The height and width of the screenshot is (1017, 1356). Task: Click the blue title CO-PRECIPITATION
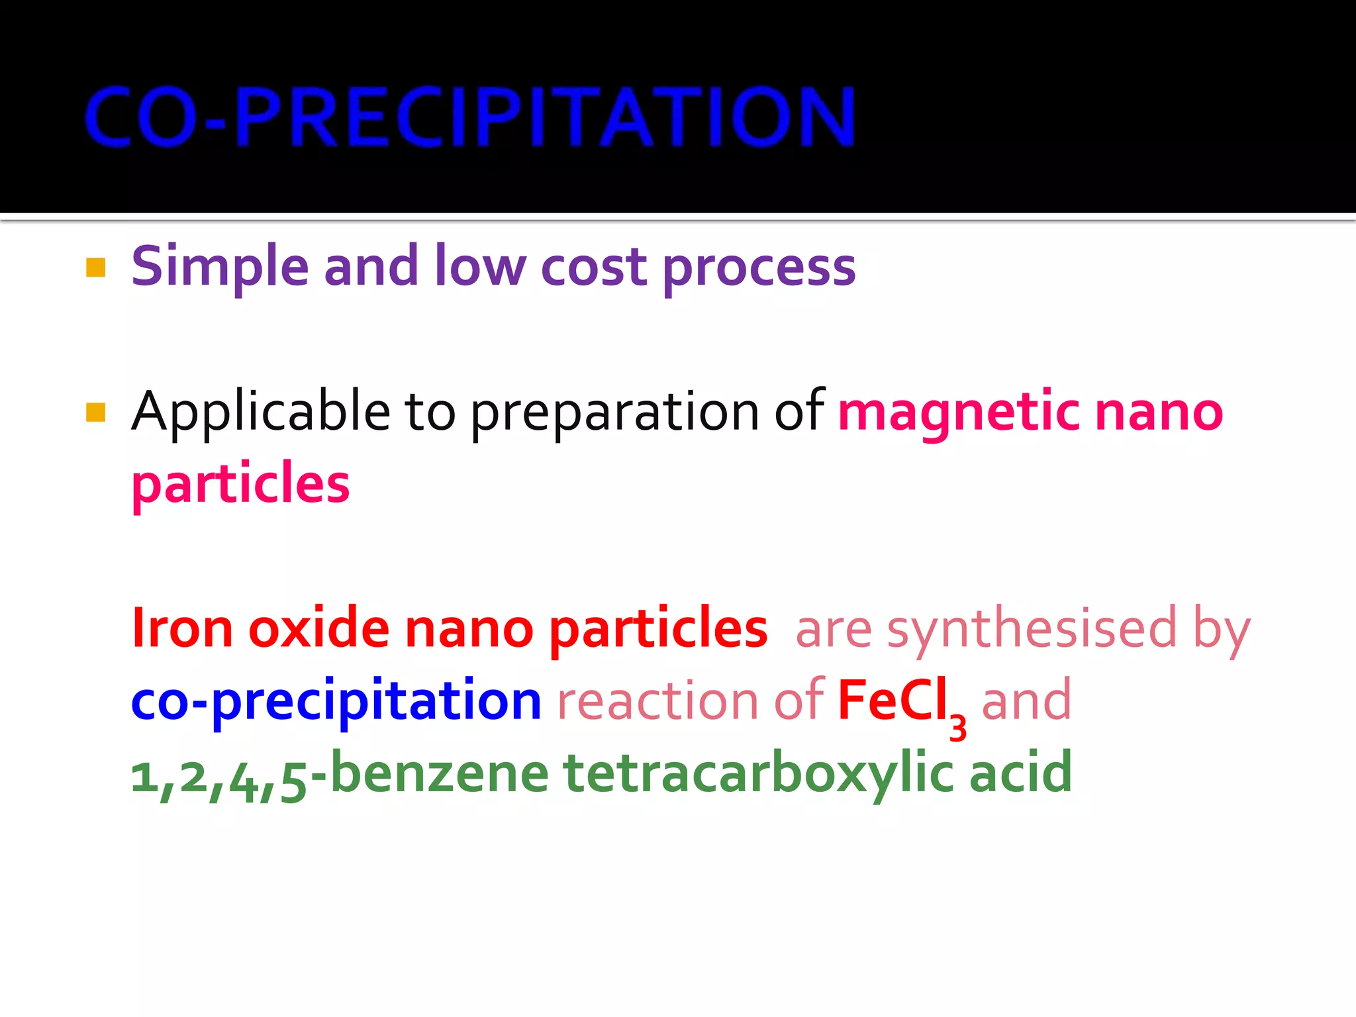pyautogui.click(x=470, y=117)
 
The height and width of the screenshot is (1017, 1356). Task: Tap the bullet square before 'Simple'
pyautogui.click(x=96, y=267)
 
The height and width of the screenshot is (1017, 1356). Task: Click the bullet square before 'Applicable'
pyautogui.click(x=96, y=412)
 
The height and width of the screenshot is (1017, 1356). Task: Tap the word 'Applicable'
pyautogui.click(x=261, y=412)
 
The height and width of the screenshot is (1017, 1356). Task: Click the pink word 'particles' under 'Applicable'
pyautogui.click(x=240, y=483)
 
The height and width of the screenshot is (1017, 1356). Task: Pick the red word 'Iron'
pyautogui.click(x=183, y=628)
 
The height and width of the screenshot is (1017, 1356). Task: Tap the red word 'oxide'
pyautogui.click(x=318, y=628)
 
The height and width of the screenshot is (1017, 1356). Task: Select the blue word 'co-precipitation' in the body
pyautogui.click(x=336, y=701)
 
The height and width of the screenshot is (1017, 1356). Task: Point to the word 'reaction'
pyautogui.click(x=657, y=701)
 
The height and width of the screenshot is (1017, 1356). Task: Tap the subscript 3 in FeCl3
pyautogui.click(x=957, y=728)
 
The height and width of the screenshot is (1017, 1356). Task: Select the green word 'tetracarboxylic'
pyautogui.click(x=758, y=773)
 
